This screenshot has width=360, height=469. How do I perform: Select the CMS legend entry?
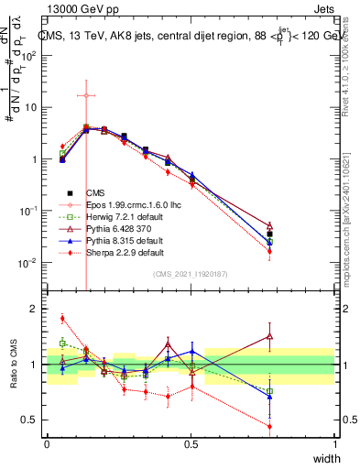(96, 193)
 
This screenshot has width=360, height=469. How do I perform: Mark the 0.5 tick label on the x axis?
(191, 444)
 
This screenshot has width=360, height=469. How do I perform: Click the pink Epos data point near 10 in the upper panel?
(85, 95)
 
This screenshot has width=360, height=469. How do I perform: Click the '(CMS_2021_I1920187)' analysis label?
(191, 274)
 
